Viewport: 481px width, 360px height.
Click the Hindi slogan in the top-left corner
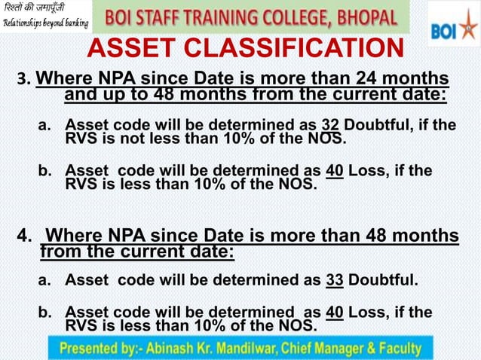[34, 9]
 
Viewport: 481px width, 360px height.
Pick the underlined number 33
[335, 282]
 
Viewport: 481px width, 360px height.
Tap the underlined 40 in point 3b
[335, 170]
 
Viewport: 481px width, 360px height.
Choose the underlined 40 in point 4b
[335, 312]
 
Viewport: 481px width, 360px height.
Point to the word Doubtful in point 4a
[382, 282]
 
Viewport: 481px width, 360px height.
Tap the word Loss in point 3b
[369, 170]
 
